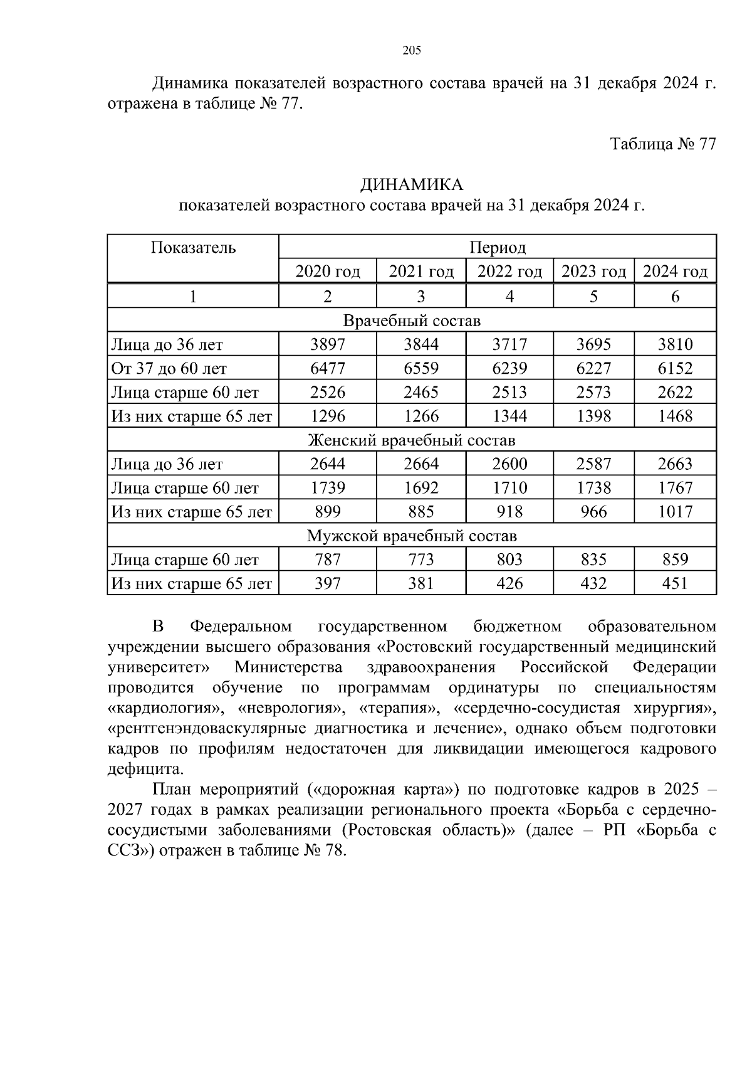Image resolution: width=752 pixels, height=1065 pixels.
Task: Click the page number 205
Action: pyautogui.click(x=411, y=51)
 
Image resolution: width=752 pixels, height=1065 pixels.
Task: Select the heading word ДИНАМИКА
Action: pyautogui.click(x=411, y=184)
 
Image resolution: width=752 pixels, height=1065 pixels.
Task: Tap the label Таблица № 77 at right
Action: pyautogui.click(x=663, y=144)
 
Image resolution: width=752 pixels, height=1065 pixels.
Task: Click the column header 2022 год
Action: pyautogui.click(x=509, y=272)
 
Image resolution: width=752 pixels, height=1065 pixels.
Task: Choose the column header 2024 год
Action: pyautogui.click(x=675, y=272)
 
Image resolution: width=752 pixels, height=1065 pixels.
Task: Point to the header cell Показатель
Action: pyautogui.click(x=193, y=247)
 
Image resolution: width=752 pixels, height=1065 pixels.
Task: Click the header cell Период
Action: pyautogui.click(x=497, y=247)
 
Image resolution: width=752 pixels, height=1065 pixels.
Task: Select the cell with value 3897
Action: pyautogui.click(x=327, y=344)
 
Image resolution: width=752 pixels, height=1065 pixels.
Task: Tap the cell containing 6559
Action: pyautogui.click(x=421, y=368)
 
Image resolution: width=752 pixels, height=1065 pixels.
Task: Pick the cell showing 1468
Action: pyautogui.click(x=675, y=416)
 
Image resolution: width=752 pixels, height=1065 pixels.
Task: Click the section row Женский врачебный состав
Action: pyautogui.click(x=411, y=440)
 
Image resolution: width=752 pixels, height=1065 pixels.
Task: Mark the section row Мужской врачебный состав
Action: pyautogui.click(x=411, y=536)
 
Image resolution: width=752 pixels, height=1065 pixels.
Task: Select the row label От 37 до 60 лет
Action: pyautogui.click(x=169, y=369)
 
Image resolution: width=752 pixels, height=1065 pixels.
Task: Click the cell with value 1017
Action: pyautogui.click(x=675, y=512)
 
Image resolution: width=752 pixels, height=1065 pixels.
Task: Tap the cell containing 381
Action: pyautogui.click(x=421, y=583)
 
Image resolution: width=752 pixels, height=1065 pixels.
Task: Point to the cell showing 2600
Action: pyautogui.click(x=509, y=464)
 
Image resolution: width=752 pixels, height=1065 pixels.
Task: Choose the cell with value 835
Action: pyautogui.click(x=593, y=559)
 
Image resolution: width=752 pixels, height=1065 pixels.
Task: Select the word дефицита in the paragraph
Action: pyautogui.click(x=145, y=769)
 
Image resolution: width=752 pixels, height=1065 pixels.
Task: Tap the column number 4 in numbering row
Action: pyautogui.click(x=509, y=296)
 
